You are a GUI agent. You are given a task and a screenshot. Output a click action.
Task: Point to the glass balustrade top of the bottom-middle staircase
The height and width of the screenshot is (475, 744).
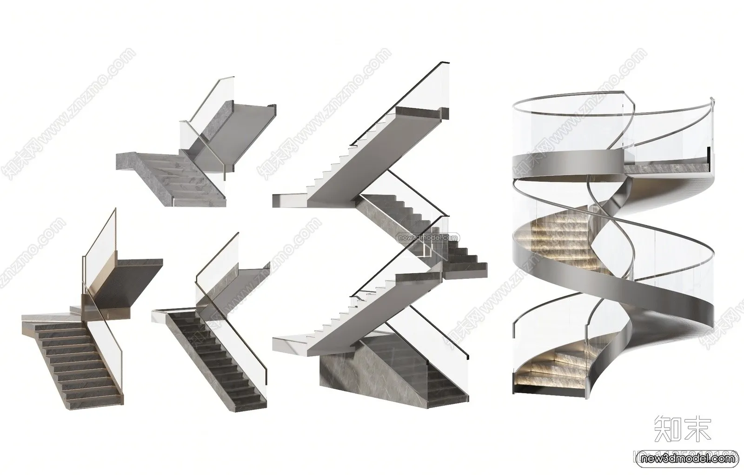(x=219, y=260)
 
